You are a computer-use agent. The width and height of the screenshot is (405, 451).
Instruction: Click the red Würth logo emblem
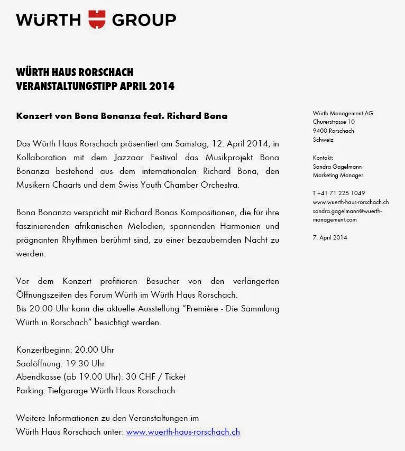click(x=97, y=19)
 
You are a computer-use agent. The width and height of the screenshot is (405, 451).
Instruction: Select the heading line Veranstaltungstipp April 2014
click(x=95, y=85)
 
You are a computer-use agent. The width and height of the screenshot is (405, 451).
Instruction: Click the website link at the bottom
click(x=183, y=431)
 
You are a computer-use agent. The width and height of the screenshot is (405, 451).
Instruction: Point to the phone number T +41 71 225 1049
click(x=338, y=193)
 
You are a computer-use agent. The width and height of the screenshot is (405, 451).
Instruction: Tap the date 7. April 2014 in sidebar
click(x=330, y=237)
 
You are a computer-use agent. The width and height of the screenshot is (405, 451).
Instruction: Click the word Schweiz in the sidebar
click(x=323, y=140)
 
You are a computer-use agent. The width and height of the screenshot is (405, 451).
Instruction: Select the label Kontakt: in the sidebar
click(x=323, y=158)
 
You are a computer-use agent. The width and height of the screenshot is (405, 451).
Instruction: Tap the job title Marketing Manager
click(x=338, y=175)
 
